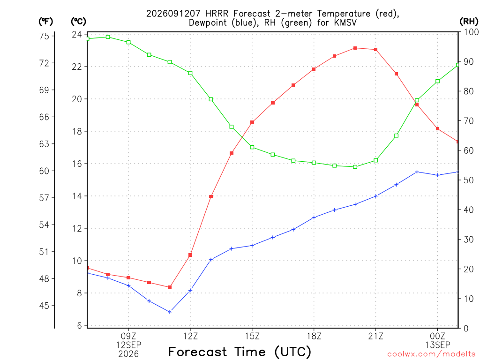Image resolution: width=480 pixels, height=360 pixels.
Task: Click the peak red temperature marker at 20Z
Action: point(355,48)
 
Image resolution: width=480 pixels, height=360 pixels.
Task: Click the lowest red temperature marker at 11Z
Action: point(170,287)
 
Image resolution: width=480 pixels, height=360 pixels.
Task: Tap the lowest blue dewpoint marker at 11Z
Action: point(170,312)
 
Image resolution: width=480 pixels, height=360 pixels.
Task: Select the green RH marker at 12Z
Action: point(190,73)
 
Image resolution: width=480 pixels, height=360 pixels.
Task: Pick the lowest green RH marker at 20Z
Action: point(355,167)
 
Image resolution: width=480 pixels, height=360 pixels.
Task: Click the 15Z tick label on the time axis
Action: point(252,336)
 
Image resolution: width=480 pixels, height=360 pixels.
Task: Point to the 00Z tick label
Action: point(437,336)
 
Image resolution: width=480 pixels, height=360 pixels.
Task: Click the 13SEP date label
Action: point(437,345)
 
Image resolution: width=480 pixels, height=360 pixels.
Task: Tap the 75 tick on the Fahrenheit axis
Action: point(44,36)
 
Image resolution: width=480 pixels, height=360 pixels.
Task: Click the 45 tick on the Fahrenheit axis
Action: point(44,306)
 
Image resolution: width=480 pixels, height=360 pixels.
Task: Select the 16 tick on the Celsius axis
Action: point(77,164)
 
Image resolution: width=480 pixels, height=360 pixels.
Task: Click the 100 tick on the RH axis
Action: point(472,32)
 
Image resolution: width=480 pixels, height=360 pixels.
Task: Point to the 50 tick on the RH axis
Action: point(469,180)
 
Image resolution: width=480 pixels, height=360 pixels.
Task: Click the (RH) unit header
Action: point(469,22)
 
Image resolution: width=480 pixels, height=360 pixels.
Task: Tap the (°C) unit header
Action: point(78,22)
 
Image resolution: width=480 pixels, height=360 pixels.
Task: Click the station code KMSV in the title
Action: point(344,22)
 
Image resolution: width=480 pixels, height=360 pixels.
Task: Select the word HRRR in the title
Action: point(218,14)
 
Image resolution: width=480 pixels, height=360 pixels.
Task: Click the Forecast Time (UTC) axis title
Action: point(240,352)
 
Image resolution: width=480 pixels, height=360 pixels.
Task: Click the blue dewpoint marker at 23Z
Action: point(417,172)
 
